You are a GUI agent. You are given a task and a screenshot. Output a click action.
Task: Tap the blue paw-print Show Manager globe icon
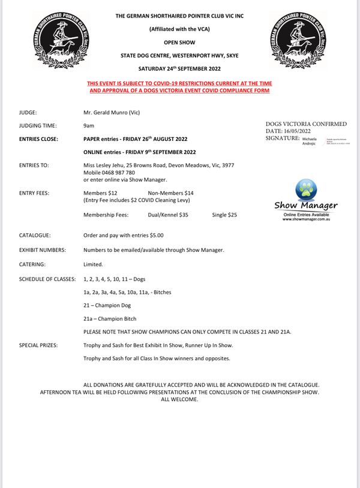pyautogui.click(x=306, y=189)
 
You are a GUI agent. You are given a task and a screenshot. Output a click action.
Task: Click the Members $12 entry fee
pyautogui.click(x=100, y=192)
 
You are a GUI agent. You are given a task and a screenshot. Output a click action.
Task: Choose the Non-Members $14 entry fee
pyautogui.click(x=171, y=192)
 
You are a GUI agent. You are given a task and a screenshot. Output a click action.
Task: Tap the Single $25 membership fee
pyautogui.click(x=224, y=214)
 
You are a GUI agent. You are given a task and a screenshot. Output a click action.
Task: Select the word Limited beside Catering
pyautogui.click(x=94, y=264)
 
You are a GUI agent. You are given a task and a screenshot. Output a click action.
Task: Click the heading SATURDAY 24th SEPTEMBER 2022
pyautogui.click(x=180, y=68)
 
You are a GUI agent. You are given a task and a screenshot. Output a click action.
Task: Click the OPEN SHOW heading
pyautogui.click(x=180, y=43)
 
